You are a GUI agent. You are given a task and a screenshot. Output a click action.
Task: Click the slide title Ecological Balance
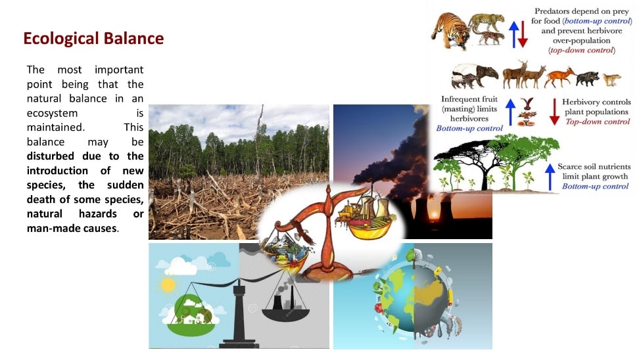point(93,38)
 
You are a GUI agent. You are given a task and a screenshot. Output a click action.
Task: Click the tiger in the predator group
point(450,31)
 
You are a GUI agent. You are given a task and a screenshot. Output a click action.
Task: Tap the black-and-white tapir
point(474,76)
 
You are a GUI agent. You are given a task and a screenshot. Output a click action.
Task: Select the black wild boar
point(588,78)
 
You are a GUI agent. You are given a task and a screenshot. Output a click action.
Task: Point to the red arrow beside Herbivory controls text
point(554,112)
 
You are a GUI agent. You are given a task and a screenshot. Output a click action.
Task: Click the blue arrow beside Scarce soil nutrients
point(550,177)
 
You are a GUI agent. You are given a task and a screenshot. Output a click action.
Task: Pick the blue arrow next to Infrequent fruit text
point(510,112)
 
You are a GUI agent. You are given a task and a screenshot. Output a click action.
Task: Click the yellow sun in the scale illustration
point(168,285)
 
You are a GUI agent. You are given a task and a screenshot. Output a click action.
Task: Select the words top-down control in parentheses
point(582,51)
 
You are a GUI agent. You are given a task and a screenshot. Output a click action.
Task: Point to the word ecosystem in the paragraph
point(53,113)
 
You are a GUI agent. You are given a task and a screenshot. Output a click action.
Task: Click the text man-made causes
point(72,228)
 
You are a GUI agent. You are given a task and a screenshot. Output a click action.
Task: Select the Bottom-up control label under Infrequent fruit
point(469,128)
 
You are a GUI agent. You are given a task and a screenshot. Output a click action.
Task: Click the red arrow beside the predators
point(523,35)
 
